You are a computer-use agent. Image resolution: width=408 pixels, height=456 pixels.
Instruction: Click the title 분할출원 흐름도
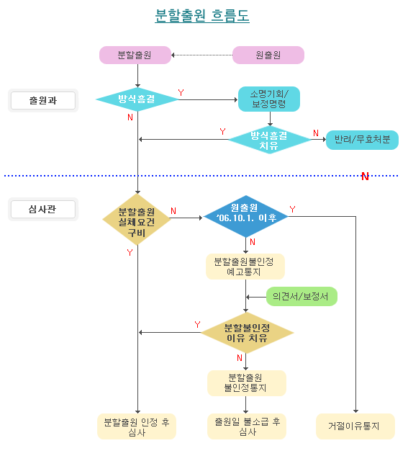202,15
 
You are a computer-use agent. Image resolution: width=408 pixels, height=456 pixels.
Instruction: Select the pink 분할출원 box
135,55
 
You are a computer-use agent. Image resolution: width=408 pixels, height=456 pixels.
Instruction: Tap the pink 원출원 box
268,55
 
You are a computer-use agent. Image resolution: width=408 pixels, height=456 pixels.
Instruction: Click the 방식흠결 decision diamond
137,99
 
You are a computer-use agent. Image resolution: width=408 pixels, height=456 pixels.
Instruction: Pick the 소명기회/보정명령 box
269,99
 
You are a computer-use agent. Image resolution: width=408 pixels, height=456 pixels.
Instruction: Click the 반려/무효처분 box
362,140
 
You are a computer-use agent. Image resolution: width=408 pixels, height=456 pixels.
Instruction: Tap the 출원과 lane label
43,101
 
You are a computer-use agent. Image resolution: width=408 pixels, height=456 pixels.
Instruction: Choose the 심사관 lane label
43,210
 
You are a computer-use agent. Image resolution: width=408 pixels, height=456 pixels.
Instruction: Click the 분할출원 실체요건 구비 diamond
137,219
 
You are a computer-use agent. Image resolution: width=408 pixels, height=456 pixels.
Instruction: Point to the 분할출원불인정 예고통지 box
245,267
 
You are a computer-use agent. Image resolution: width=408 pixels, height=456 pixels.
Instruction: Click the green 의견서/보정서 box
302,296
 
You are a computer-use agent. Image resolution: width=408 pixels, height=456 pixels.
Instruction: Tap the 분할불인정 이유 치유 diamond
247,332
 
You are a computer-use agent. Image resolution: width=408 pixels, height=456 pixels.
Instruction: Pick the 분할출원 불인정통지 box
247,383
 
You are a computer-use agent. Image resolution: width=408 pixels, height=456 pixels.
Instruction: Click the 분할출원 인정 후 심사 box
137,426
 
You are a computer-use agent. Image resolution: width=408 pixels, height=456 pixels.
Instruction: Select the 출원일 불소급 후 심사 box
247,426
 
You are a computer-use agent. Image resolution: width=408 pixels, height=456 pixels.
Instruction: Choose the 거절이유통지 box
355,426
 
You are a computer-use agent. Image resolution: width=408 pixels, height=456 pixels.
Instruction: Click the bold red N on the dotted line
365,176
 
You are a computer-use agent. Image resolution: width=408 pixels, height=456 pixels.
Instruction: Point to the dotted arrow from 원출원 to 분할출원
201,55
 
